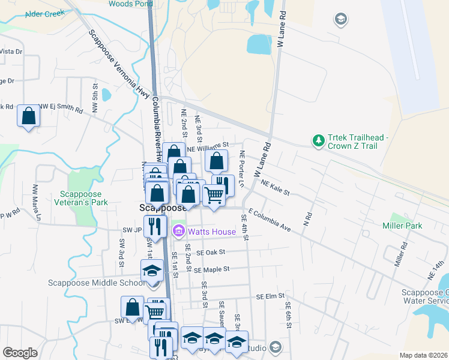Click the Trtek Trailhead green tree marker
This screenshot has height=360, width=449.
click(318, 141)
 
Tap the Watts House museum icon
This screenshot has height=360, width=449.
click(178, 231)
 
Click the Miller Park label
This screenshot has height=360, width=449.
click(402, 226)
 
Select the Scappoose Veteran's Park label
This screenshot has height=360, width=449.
click(84, 198)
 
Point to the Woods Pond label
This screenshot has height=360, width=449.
click(128, 4)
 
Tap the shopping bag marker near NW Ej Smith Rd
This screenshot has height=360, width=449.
click(28, 116)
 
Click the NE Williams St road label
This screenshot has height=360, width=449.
click(208, 146)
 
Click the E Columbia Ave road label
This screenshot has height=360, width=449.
click(269, 220)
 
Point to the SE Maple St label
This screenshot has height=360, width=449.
click(212, 270)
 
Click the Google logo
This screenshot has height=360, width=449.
click(20, 353)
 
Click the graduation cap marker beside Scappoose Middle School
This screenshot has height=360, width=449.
click(152, 271)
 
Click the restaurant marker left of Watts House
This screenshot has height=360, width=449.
click(156, 226)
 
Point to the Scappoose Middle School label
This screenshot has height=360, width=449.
click(99, 283)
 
